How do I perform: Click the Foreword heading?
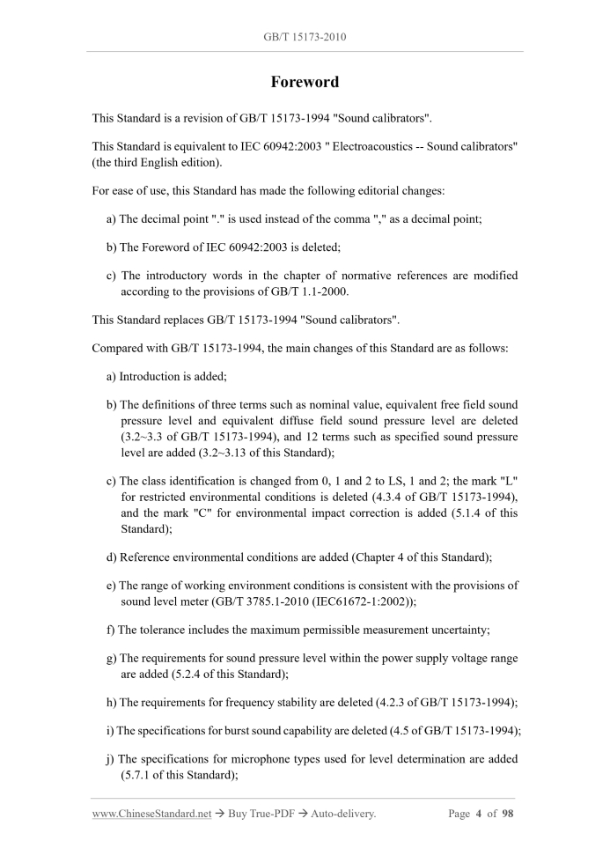pos(304,82)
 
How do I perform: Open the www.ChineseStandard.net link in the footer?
pos(151,814)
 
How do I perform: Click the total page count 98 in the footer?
pos(507,814)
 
